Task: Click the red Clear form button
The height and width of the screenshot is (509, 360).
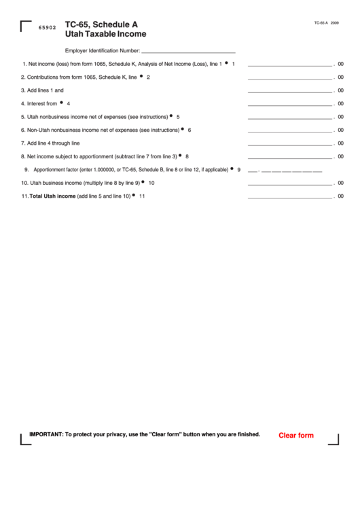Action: tap(296, 436)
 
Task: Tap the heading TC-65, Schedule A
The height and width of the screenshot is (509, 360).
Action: tap(101, 23)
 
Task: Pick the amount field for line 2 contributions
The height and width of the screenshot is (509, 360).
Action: tap(290, 77)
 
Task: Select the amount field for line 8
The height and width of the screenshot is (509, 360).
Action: tap(290, 156)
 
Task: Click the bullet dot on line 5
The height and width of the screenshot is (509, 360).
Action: tap(170, 116)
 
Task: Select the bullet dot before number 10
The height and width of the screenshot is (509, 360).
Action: tap(143, 181)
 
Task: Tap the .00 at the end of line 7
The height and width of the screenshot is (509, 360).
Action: tap(339, 143)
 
